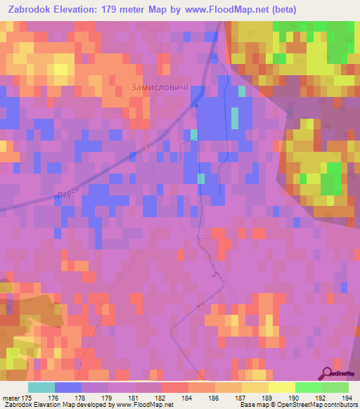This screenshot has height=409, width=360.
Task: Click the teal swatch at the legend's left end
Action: [41, 387]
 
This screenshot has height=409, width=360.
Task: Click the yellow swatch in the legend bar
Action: [281, 387]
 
